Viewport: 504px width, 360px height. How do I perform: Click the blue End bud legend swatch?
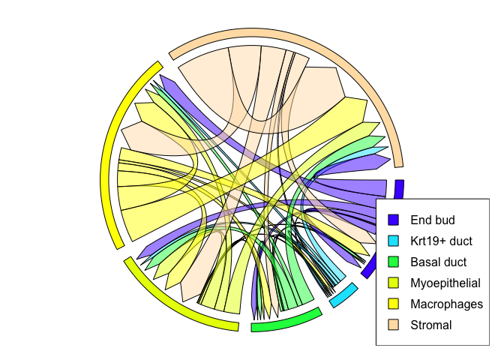[393, 220]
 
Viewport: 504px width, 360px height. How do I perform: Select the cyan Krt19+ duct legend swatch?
[393, 241]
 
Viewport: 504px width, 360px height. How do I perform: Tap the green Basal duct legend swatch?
[393, 262]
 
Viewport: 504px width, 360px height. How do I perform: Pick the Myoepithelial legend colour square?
[393, 283]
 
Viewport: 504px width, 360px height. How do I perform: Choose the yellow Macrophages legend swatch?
[393, 304]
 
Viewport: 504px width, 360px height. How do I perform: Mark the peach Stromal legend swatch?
[393, 325]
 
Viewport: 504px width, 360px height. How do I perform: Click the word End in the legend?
[421, 220]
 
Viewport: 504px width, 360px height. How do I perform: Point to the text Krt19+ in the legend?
[428, 241]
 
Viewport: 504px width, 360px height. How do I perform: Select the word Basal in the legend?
[424, 262]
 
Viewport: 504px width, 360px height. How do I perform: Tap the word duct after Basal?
[454, 262]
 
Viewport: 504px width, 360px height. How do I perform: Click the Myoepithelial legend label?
[445, 283]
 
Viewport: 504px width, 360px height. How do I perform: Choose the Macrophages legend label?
[446, 304]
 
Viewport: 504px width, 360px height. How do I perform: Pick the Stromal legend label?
[431, 325]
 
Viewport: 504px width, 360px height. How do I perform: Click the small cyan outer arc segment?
[343, 295]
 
